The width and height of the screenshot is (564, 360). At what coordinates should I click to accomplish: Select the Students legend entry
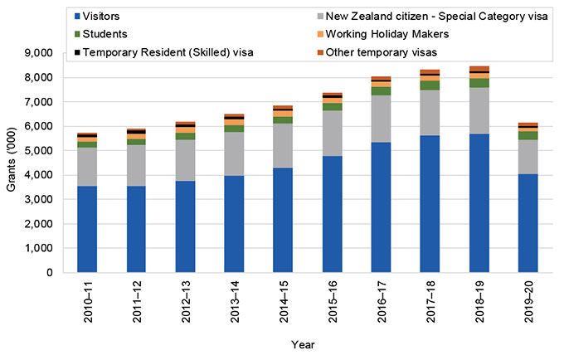103,34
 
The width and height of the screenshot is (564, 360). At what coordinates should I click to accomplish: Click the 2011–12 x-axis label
137,300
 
